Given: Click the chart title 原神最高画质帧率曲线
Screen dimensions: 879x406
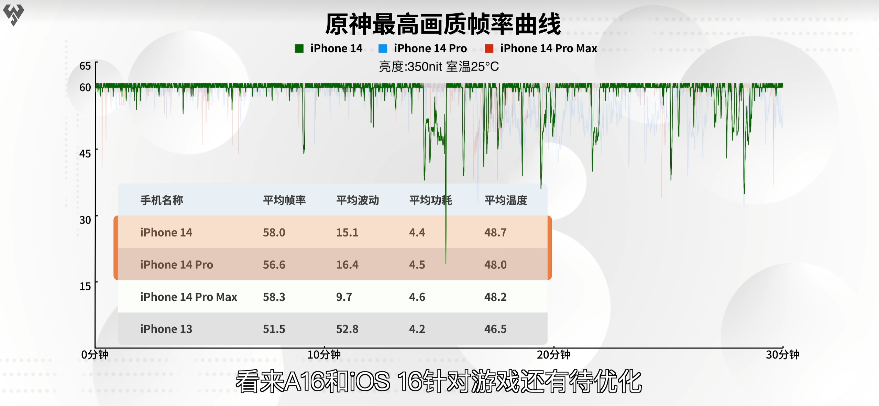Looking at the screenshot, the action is click(443, 24).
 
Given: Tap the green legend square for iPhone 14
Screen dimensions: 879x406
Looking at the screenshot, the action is click(299, 49).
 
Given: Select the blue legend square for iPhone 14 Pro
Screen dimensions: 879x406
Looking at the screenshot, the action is click(383, 49).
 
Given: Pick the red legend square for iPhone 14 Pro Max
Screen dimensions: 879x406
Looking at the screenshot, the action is click(489, 49).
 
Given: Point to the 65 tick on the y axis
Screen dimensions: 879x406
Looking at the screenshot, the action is click(85, 66).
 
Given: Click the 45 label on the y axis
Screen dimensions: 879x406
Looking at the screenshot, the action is click(85, 153).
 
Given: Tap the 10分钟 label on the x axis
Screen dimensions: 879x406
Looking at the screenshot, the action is click(324, 355).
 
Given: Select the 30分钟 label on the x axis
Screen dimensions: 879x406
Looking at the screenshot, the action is click(783, 355).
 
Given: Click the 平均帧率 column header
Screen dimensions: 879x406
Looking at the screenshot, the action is click(284, 200).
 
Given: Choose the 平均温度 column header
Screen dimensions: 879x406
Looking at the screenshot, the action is click(506, 200).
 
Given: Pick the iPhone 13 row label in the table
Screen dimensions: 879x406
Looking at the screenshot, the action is click(166, 329).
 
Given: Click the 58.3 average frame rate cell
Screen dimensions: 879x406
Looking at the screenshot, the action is click(274, 297).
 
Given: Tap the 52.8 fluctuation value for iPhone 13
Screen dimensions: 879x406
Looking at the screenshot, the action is click(347, 329).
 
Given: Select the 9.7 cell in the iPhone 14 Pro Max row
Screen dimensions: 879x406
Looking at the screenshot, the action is click(344, 297).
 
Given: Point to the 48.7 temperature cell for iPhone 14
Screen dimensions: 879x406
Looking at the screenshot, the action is click(495, 233).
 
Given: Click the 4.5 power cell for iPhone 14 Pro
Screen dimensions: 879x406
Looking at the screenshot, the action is click(417, 265).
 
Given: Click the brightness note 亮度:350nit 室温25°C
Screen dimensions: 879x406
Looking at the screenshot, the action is click(439, 67).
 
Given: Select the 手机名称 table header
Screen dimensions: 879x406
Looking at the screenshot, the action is click(162, 200).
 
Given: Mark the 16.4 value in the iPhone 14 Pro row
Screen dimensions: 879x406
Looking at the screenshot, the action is click(347, 265).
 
